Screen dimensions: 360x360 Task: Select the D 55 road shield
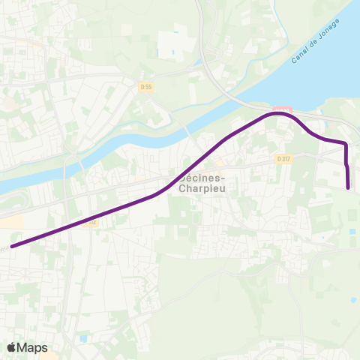tap(146, 87)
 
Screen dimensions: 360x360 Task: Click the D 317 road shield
tap(283, 158)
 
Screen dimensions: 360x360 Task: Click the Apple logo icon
tap(12, 347)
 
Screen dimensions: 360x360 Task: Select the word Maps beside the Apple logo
tap(33, 348)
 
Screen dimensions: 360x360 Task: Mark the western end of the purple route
tap(11, 245)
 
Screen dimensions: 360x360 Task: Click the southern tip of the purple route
tap(349, 187)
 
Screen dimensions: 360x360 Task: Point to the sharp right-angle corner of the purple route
tap(345, 142)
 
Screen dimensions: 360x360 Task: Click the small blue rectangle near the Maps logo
tap(82, 338)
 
